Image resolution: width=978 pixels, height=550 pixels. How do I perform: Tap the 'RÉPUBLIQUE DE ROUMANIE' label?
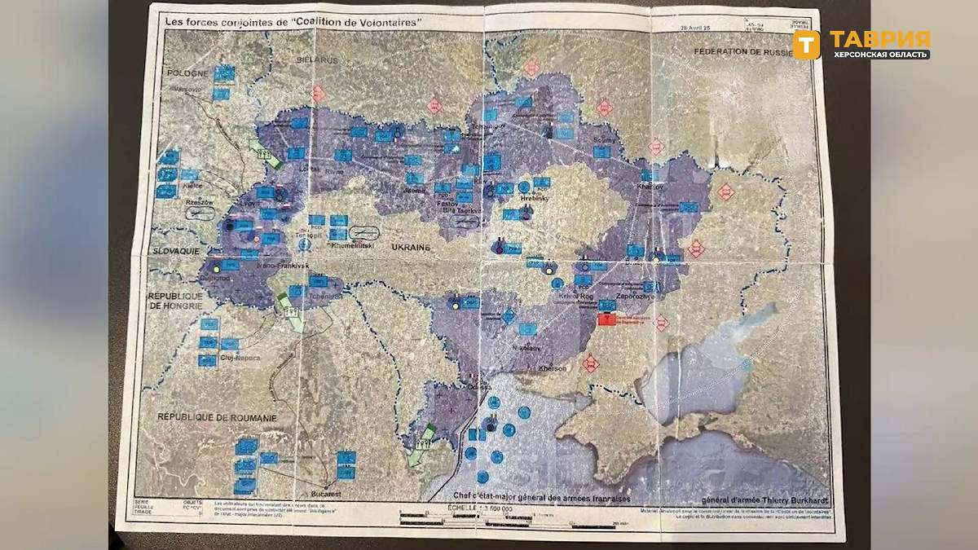click(x=218, y=418)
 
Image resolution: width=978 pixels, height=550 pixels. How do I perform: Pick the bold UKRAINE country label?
click(x=412, y=245)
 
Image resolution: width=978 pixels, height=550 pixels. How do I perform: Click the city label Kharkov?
click(x=650, y=187)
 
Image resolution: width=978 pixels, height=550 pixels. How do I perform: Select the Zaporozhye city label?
click(x=632, y=297)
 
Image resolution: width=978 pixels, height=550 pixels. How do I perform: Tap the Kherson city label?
click(x=553, y=369)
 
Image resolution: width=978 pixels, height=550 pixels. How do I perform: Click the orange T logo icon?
click(x=806, y=45)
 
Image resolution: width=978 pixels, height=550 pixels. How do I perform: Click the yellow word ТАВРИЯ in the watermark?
click(x=879, y=39)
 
